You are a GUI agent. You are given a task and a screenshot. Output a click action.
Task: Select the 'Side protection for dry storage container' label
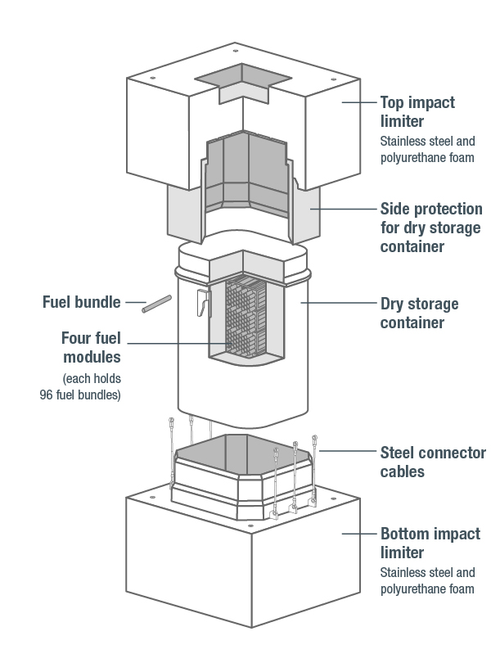(x=430, y=228)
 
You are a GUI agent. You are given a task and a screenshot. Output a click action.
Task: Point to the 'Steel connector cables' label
(x=433, y=462)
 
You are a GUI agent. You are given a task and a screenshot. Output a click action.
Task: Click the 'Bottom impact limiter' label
(x=430, y=543)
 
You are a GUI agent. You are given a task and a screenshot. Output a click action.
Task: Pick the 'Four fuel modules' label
(x=91, y=347)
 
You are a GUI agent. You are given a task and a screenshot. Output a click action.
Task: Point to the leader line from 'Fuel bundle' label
(x=133, y=302)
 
